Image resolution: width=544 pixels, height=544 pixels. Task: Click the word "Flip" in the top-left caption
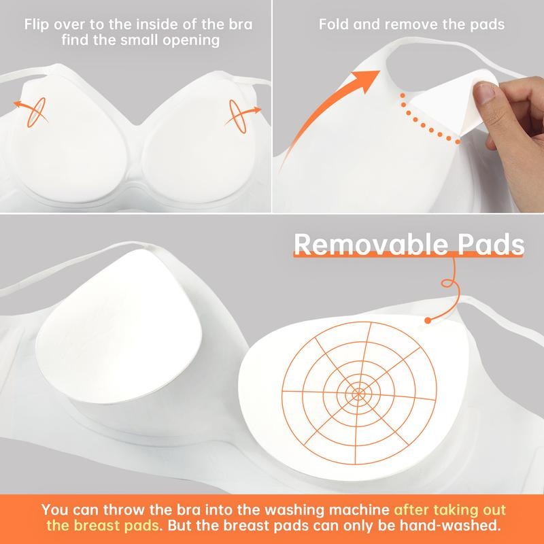[36, 25]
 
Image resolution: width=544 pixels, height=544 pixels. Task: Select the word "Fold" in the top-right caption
[333, 25]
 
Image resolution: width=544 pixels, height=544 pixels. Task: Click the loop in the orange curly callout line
[447, 279]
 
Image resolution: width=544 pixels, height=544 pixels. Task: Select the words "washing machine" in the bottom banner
[334, 508]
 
